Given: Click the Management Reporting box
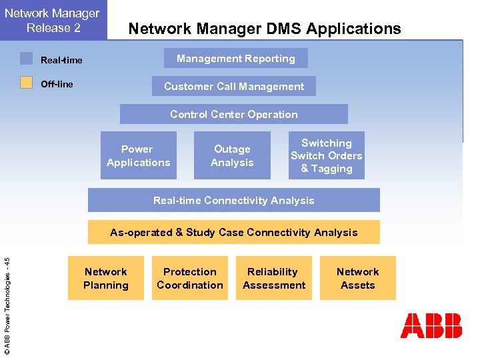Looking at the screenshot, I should click(236, 59).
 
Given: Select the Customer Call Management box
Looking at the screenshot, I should click(234, 87).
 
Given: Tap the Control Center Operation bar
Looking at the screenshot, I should click(234, 114).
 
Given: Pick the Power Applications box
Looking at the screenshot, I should click(139, 156).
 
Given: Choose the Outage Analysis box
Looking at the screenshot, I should click(232, 156).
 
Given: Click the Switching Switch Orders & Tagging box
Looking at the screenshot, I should click(327, 156).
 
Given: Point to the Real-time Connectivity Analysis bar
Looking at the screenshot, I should click(234, 200).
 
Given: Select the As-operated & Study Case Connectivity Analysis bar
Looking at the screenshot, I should click(234, 232).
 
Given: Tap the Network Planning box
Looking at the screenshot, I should click(106, 278).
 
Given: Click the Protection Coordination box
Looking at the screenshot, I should click(190, 278).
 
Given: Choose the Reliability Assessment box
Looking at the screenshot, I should click(274, 278).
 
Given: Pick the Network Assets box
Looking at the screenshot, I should click(358, 278).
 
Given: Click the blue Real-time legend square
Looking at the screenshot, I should click(26, 59).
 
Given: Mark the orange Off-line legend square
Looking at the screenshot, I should click(26, 83).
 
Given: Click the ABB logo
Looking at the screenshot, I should click(431, 326).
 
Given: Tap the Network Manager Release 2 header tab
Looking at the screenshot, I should click(53, 20).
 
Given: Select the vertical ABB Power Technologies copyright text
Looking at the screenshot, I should click(7, 297).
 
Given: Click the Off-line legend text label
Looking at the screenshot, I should click(57, 84).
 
